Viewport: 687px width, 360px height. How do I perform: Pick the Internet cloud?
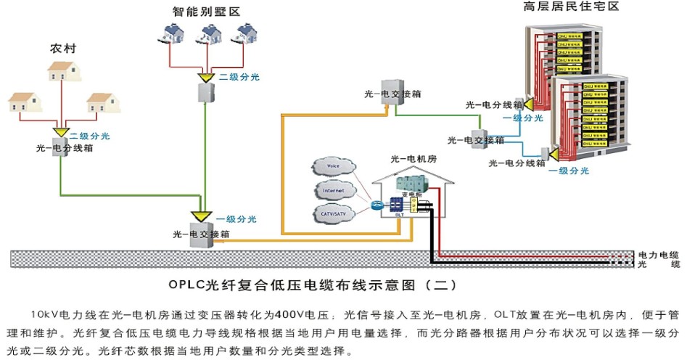pos(334,191)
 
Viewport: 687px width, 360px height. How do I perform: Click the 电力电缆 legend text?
pos(658,255)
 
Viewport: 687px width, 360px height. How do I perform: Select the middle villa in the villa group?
pos(210,33)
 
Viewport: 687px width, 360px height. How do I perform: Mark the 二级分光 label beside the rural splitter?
pos(89,136)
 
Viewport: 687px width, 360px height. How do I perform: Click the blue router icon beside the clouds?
pos(376,205)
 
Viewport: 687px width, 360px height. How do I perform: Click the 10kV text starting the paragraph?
pos(45,316)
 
